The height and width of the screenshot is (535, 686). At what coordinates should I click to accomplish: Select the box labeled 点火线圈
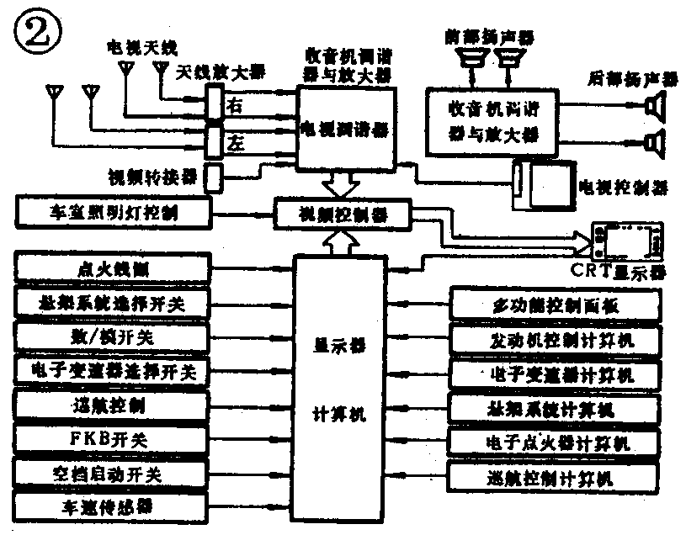(x=112, y=270)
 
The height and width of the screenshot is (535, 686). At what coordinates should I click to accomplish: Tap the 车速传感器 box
(x=112, y=507)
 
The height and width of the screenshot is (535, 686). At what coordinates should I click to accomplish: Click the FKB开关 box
(x=112, y=439)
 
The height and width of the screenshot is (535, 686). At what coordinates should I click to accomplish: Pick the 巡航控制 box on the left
(x=112, y=405)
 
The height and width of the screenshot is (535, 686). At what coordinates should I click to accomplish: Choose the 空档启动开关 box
(x=112, y=473)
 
